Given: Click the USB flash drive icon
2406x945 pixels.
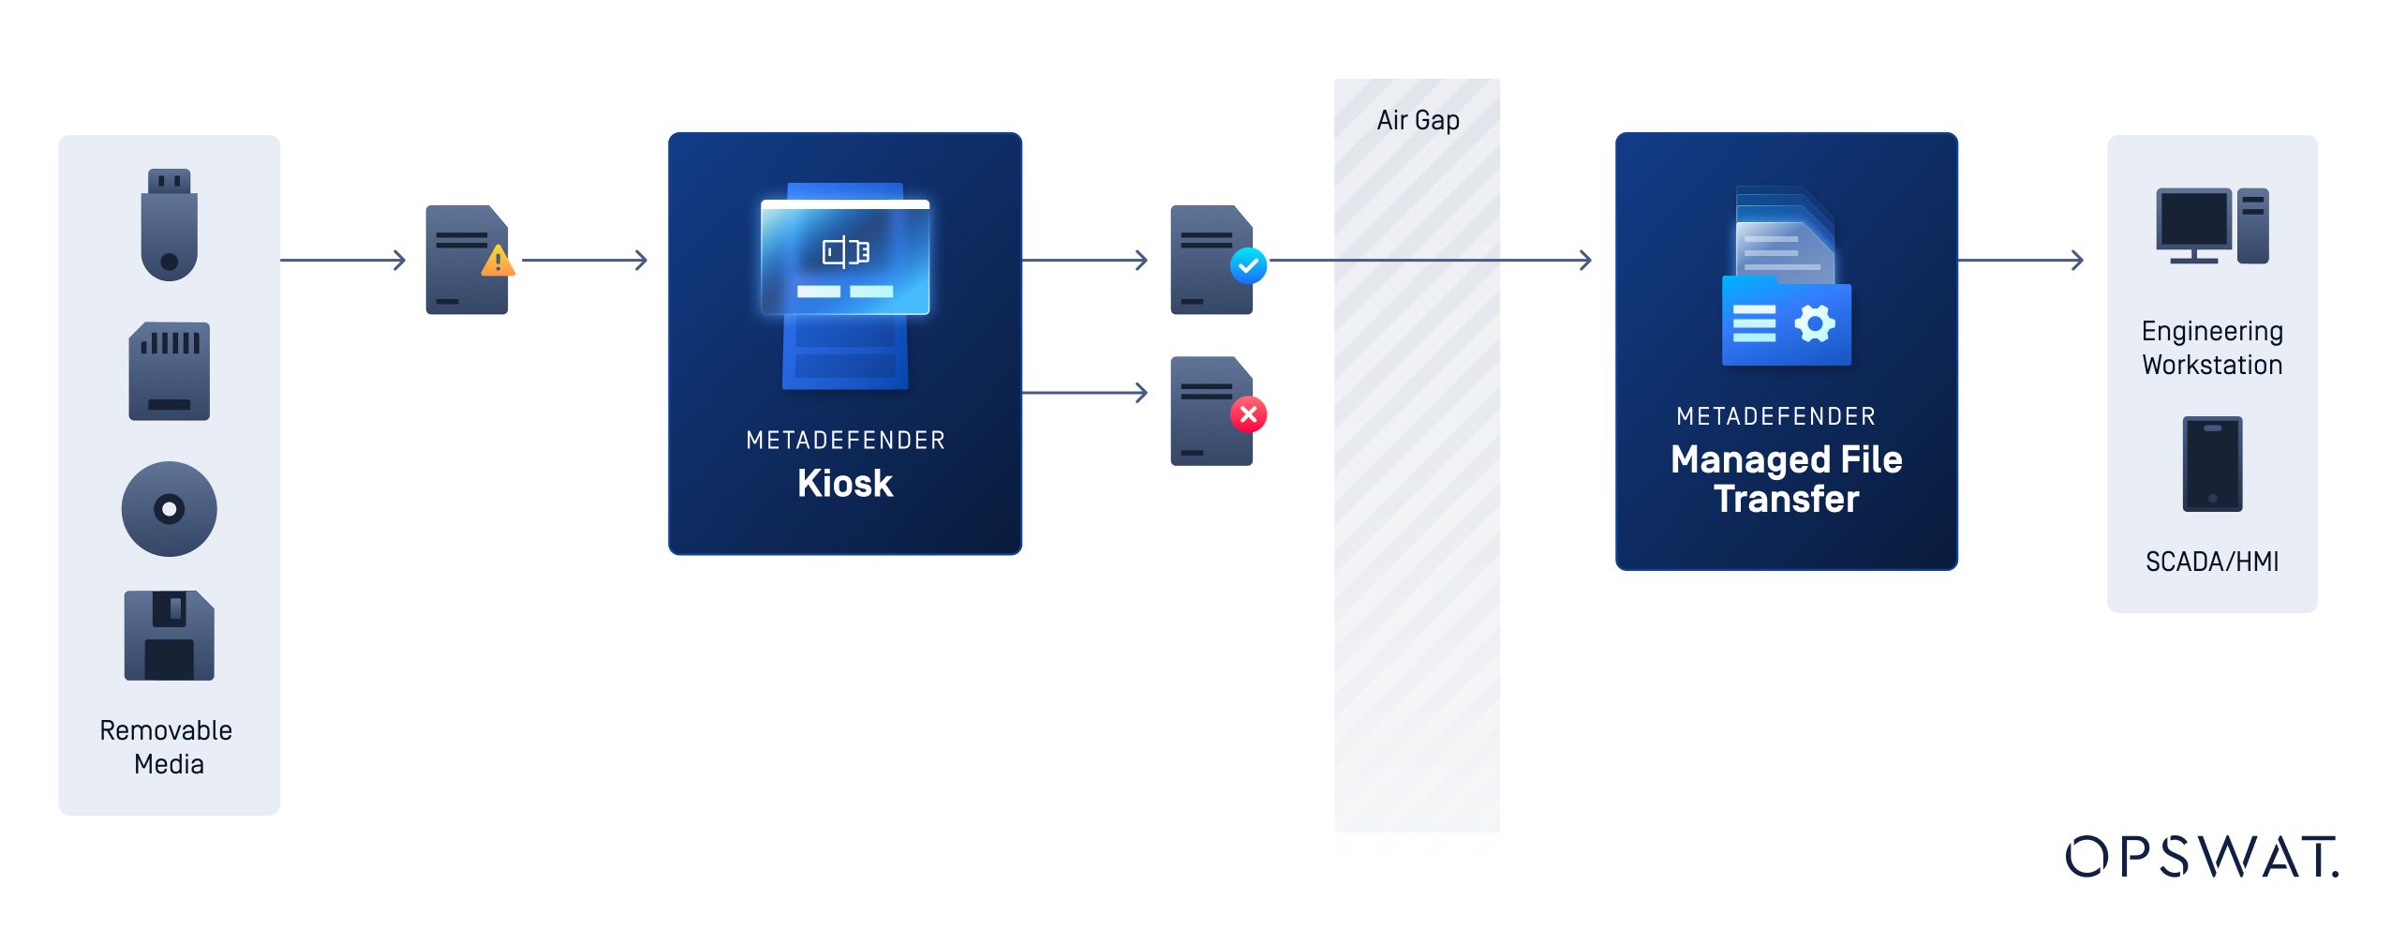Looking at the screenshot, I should pos(169,225).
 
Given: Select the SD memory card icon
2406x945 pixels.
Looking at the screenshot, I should pos(169,371).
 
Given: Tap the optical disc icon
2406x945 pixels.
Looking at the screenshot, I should pos(169,509).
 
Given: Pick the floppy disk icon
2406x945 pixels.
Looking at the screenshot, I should pos(169,636).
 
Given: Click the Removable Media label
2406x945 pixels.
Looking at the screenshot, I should pos(167,747).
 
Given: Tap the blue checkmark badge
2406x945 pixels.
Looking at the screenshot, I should pos(1248,265).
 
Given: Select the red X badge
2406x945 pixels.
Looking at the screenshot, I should pos(1248,414).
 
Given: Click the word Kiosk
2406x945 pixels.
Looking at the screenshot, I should pos(845,484).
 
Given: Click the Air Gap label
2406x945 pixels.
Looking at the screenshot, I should pos(1418,120).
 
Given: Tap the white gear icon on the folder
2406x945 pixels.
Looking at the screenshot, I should pos(1815,324).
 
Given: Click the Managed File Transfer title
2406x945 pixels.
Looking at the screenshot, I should pos(1786,479).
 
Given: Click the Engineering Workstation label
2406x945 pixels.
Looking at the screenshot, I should pos(2212,348).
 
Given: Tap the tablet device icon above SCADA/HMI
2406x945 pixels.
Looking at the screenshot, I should pos(2212,464).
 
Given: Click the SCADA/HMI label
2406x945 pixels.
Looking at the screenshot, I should pos(2212,562).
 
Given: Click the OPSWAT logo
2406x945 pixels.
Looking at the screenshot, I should pos(2202,857).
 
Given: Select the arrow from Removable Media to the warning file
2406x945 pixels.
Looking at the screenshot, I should pos(343,260).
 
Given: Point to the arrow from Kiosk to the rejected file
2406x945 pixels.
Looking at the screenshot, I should pos(1085,393).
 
